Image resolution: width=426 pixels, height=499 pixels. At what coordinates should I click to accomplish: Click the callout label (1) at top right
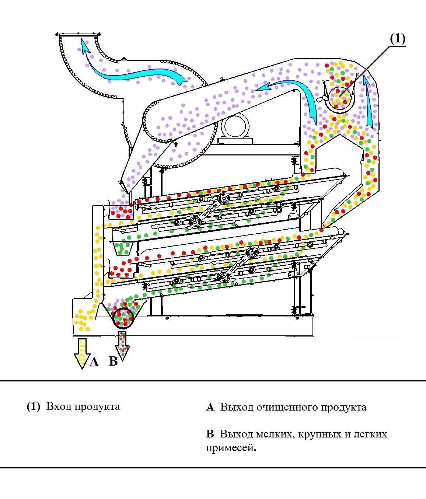398,39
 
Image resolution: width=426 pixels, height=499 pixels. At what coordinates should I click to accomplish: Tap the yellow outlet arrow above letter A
82,353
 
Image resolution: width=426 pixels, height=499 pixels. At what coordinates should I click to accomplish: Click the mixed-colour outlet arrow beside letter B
123,345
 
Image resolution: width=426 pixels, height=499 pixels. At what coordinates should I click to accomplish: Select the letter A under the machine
94,362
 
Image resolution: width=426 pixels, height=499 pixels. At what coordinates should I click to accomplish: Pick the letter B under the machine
114,361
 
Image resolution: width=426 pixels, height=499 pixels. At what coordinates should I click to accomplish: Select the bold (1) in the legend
34,406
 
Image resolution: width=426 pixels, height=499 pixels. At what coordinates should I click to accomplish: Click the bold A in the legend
210,408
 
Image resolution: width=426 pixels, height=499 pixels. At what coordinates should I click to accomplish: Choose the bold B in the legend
210,434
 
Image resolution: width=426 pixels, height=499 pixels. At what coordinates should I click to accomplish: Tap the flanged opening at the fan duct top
78,35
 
